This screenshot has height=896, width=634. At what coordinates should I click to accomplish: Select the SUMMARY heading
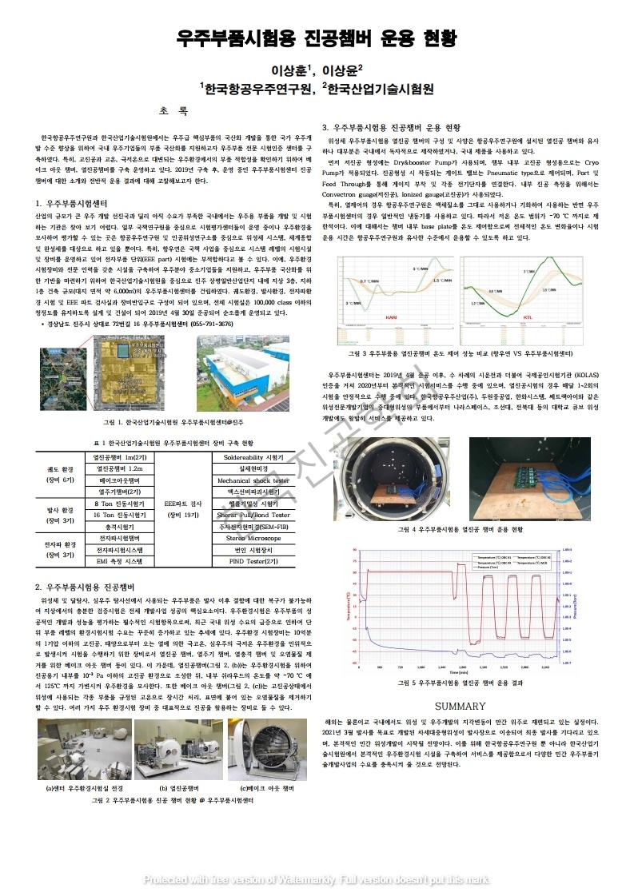tap(460, 706)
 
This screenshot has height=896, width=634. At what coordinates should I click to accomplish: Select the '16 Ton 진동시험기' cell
tap(119, 516)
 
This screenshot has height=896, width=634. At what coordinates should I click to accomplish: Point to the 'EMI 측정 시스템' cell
tap(119, 562)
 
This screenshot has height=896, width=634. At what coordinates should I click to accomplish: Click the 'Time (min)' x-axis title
tap(457, 672)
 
